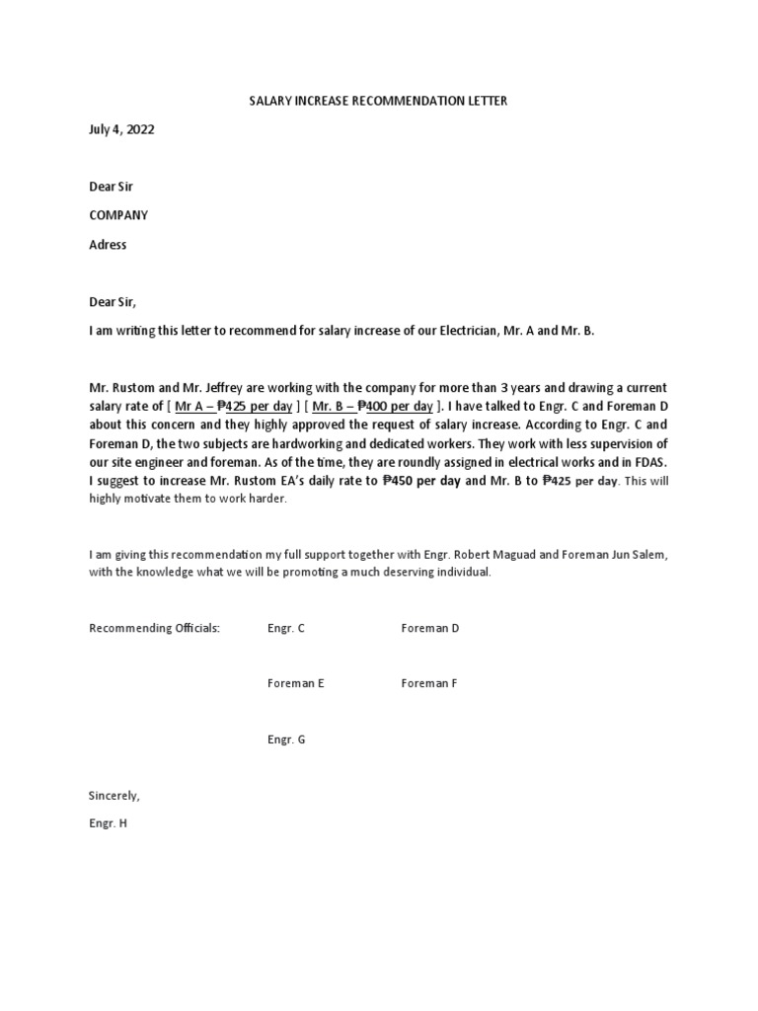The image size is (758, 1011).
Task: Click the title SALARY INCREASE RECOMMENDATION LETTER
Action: click(x=378, y=101)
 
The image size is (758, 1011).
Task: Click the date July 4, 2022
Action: click(x=121, y=129)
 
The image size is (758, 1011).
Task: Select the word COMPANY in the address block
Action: click(x=118, y=215)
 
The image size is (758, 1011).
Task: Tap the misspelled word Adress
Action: click(x=108, y=244)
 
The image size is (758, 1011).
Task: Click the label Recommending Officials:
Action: click(x=155, y=628)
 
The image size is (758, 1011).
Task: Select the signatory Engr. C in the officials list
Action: click(x=285, y=628)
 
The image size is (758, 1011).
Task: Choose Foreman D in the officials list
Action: click(x=429, y=628)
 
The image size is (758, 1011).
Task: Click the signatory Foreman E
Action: click(x=295, y=683)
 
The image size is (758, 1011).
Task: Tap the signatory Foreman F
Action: click(x=429, y=683)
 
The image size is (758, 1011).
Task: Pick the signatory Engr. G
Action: click(x=286, y=739)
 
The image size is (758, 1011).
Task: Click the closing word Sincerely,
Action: click(x=114, y=795)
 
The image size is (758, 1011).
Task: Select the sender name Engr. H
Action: click(x=109, y=822)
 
